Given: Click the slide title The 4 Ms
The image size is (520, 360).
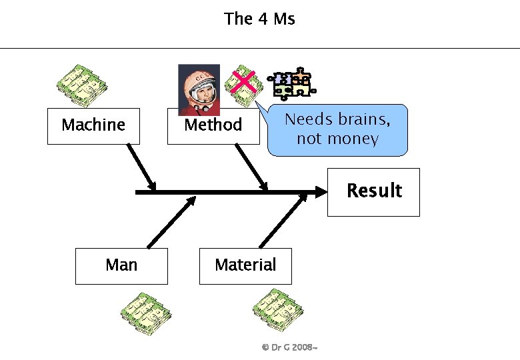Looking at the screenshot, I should click(x=259, y=19).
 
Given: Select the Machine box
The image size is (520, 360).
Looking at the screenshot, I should click(x=93, y=125).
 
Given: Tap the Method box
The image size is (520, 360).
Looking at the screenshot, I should click(x=213, y=125).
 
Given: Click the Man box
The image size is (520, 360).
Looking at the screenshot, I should click(x=121, y=265).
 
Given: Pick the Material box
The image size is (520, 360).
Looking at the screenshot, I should click(x=245, y=265).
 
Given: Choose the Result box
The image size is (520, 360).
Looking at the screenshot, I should click(x=373, y=191).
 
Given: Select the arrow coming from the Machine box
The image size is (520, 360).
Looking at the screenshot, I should click(x=141, y=167).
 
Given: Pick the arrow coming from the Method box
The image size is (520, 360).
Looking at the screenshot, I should click(x=253, y=167).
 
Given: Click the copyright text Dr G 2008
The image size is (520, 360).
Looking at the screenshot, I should click(x=289, y=348).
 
